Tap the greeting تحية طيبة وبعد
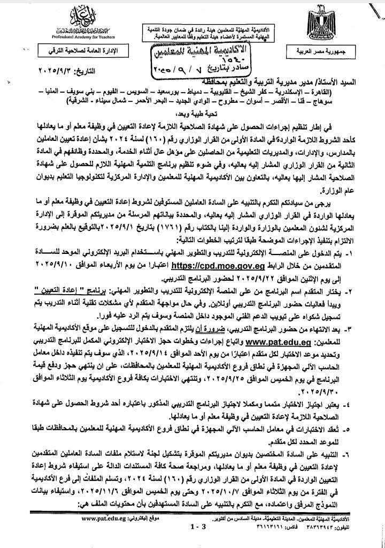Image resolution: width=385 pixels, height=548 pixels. [x=190, y=114]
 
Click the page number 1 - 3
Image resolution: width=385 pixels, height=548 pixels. [x=197, y=542]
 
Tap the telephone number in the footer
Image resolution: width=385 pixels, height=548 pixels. [x=342, y=542]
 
